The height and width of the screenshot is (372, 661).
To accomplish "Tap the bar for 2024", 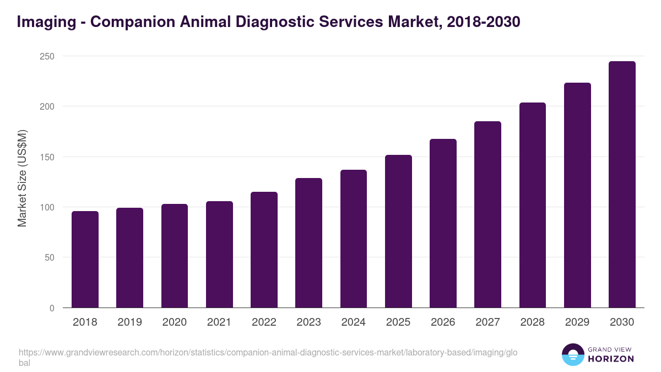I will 354,239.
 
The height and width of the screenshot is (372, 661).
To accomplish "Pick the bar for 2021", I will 219,254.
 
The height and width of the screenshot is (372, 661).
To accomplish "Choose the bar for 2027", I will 487,214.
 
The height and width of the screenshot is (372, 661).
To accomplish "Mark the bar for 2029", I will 577,195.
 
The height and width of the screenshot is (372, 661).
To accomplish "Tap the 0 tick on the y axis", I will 52,308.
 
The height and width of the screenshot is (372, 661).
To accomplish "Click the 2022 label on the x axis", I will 264,322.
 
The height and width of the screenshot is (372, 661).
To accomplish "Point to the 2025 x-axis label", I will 398,322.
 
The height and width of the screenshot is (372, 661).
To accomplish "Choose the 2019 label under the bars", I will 129,322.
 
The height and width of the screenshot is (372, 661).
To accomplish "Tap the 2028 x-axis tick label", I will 533,322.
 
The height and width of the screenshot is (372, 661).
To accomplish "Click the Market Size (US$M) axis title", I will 22,178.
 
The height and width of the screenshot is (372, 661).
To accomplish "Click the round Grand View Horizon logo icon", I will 573,354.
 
